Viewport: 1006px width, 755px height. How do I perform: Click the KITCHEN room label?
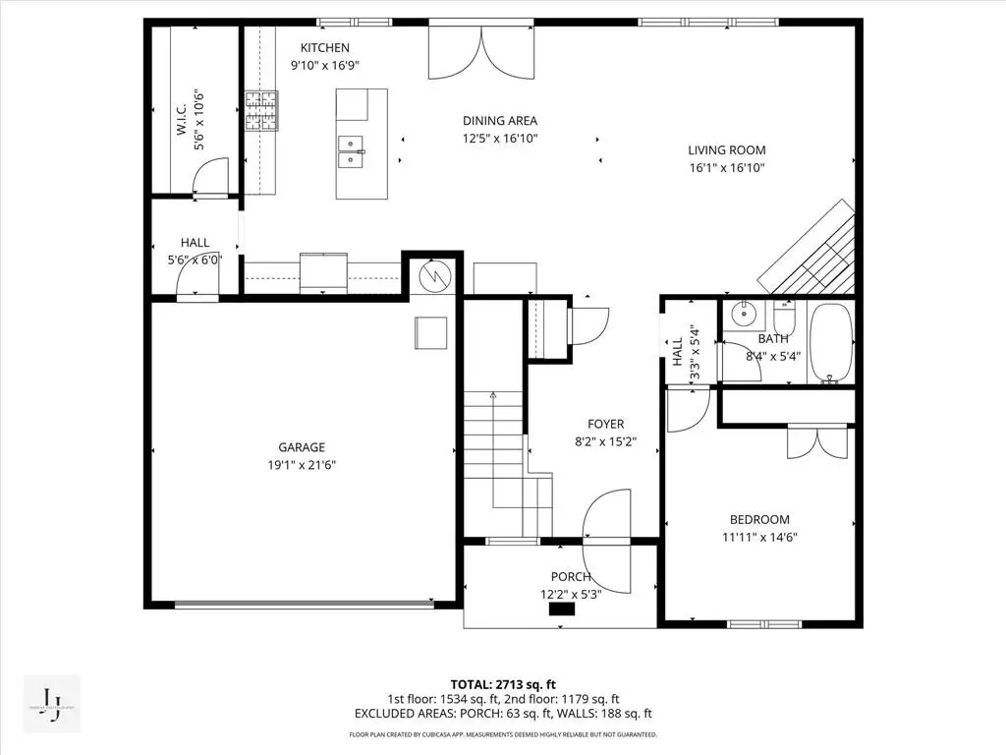pyautogui.click(x=324, y=48)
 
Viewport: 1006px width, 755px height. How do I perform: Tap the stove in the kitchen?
pyautogui.click(x=260, y=110)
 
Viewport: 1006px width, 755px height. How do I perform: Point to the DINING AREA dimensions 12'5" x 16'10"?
pyautogui.click(x=500, y=138)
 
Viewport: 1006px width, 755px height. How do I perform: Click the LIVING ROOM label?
pyautogui.click(x=726, y=150)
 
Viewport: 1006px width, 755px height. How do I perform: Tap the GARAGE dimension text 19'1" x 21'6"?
pyautogui.click(x=301, y=464)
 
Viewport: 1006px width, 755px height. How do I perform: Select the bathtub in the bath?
pyautogui.click(x=831, y=343)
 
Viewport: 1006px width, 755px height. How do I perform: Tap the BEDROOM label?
pyautogui.click(x=758, y=520)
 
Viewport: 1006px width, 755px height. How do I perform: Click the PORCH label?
pyautogui.click(x=571, y=577)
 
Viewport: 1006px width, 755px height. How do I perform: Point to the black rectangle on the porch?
pyautogui.click(x=561, y=609)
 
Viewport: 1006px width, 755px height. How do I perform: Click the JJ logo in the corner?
pyautogui.click(x=51, y=704)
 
